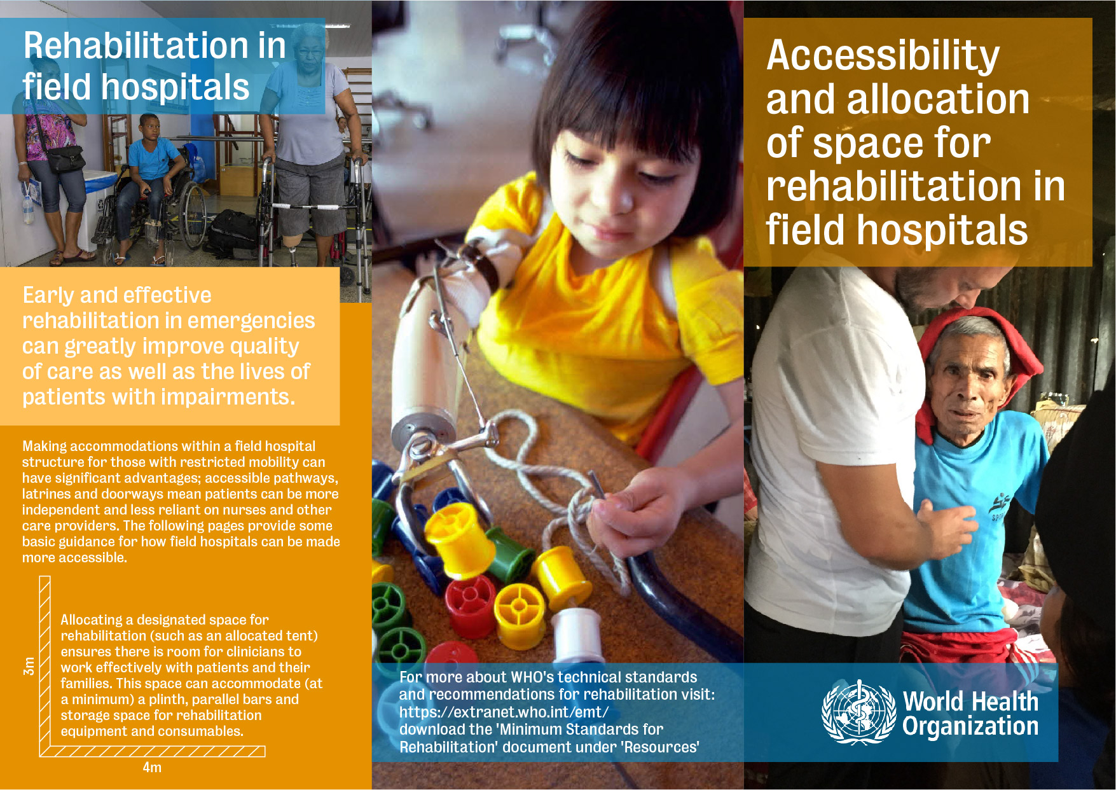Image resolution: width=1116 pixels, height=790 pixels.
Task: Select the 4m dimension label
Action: click(152, 768)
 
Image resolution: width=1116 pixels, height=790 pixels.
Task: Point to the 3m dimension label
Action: click(29, 666)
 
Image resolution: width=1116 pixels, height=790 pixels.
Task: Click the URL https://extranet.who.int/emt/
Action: click(504, 712)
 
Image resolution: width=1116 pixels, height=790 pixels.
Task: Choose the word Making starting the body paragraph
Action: click(44, 447)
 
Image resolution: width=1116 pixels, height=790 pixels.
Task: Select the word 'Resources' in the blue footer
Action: click(661, 747)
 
